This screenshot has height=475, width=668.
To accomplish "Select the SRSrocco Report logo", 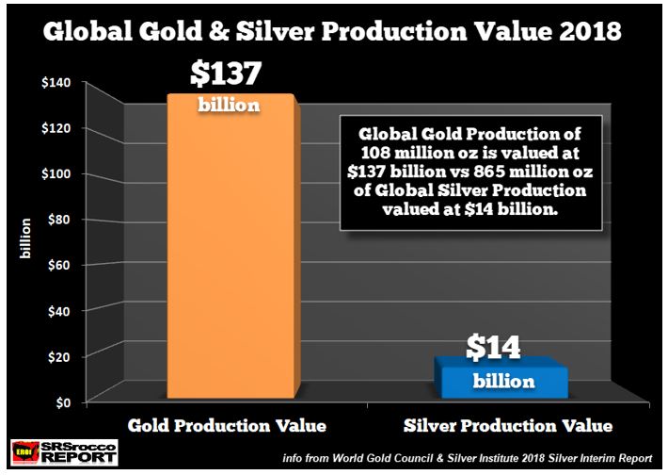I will coord(64,452).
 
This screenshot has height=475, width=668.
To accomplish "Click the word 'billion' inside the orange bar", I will coord(228,105).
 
